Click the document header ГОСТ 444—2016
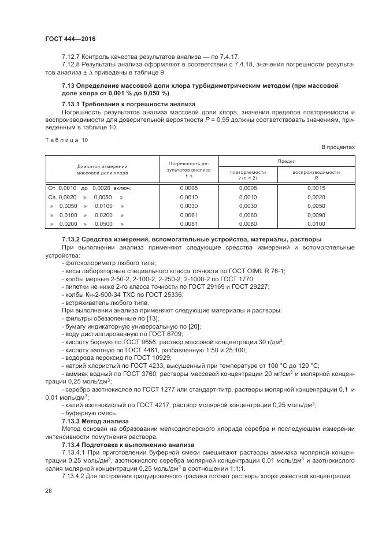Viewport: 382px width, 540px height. click(70, 39)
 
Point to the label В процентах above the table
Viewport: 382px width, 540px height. click(338, 147)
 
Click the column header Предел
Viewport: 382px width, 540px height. click(286, 161)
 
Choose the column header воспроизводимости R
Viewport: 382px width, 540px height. click(316, 176)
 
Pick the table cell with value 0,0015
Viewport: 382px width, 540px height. click(316, 188)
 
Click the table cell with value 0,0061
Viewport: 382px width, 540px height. click(189, 214)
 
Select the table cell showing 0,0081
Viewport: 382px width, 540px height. click(189, 223)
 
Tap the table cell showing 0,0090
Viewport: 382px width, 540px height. click(316, 214)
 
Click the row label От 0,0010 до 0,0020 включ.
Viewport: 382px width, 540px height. click(90, 188)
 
